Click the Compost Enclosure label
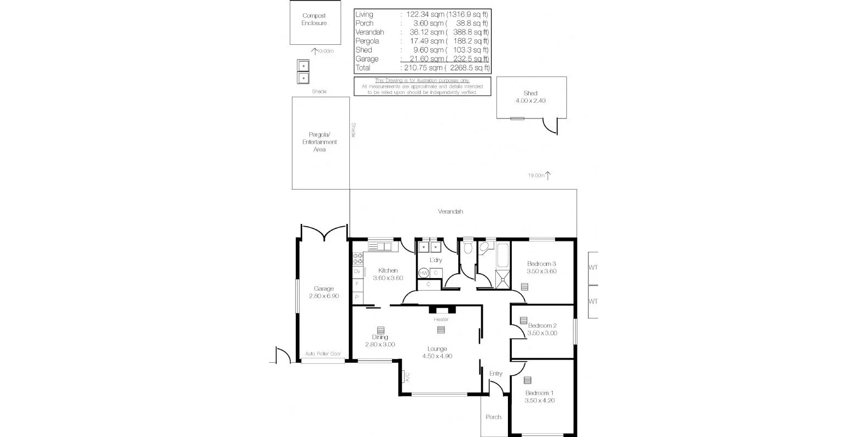(x=314, y=20)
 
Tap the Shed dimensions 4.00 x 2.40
(x=530, y=101)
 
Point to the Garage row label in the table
(x=367, y=59)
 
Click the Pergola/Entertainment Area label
(x=320, y=142)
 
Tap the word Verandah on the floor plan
(x=450, y=211)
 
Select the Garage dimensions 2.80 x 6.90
(x=324, y=296)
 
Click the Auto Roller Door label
(x=323, y=354)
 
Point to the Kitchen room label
(x=388, y=270)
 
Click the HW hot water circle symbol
(x=423, y=273)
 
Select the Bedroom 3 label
(x=541, y=264)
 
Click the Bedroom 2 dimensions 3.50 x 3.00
(x=542, y=333)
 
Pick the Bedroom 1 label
(x=540, y=393)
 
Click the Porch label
(x=494, y=417)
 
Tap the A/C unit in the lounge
(x=406, y=376)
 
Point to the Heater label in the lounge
(x=441, y=320)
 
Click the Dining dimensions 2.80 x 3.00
(x=380, y=345)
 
